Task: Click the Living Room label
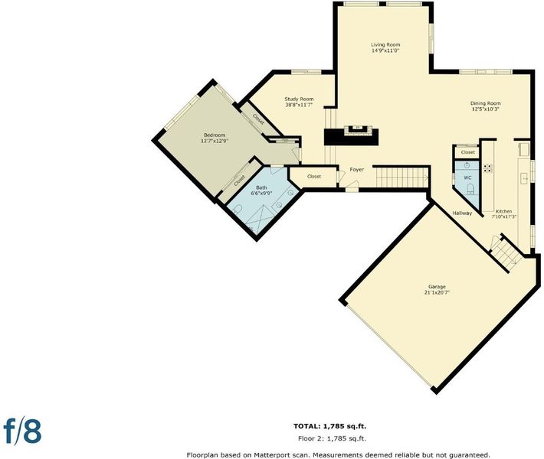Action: [x=385, y=44]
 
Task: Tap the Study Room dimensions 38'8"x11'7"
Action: [x=299, y=104]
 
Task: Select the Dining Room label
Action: [x=485, y=103]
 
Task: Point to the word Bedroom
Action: [x=215, y=135]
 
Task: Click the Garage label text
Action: [x=437, y=287]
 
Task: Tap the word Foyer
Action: [x=356, y=169]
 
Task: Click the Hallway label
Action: [x=462, y=213]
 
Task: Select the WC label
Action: [x=467, y=177]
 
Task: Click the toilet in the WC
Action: [x=470, y=189]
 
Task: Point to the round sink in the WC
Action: [x=467, y=164]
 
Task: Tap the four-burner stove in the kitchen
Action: [x=488, y=168]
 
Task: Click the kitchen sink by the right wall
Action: [x=523, y=179]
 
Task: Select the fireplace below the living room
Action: [x=357, y=130]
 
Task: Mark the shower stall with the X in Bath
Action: [x=260, y=219]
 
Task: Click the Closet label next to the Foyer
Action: [x=314, y=177]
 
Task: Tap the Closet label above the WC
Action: [x=467, y=152]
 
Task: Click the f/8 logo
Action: [x=22, y=431]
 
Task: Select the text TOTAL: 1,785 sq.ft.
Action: [x=329, y=426]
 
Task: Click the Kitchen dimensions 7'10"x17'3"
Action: [x=503, y=216]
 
